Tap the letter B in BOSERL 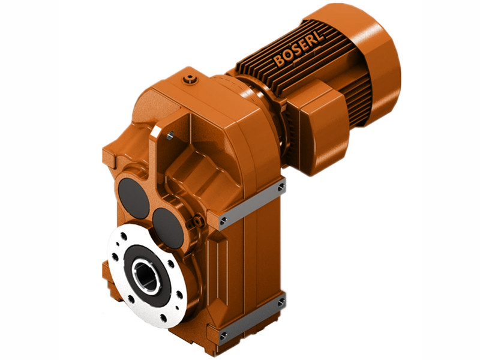tap(280, 60)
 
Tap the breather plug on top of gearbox tap(191, 78)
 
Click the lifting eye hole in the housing tap(170, 137)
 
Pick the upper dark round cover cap tap(134, 198)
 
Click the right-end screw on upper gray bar tap(281, 188)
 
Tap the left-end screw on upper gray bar tap(224, 221)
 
